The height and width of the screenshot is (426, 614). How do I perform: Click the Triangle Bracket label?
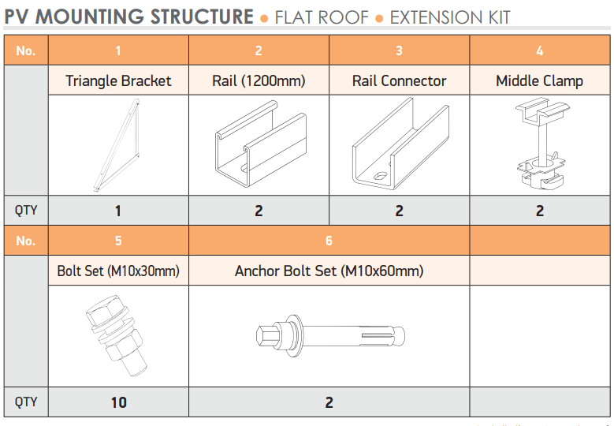point(118,80)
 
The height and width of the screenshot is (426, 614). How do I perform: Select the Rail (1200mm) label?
point(259,80)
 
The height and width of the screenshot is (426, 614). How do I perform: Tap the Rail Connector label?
point(399,80)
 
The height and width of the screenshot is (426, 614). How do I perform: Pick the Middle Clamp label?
point(539,80)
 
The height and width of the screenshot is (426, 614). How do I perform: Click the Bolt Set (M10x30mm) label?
point(118,271)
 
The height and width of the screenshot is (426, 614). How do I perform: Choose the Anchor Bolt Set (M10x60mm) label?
point(329,271)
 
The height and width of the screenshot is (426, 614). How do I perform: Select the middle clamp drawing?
point(540,146)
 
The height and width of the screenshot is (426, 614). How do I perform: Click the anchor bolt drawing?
point(329,334)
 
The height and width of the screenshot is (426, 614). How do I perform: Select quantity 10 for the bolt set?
point(118,402)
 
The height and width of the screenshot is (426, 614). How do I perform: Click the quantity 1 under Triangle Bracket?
point(118,211)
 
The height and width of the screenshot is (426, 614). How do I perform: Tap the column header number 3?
point(399,50)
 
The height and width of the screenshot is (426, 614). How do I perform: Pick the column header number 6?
point(329,241)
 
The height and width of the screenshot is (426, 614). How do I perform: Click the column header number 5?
point(118,241)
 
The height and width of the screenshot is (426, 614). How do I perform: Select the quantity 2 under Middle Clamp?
point(540,211)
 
